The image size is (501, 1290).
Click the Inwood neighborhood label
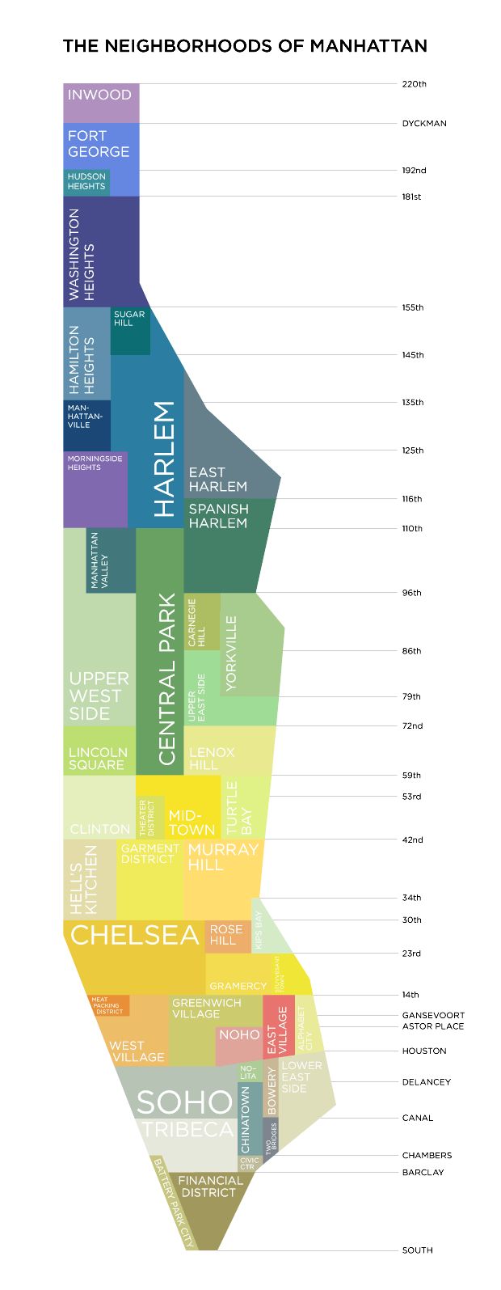(99, 95)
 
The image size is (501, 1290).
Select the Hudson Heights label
(86, 181)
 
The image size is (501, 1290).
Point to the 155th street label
(412, 307)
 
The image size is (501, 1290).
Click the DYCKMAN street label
(424, 124)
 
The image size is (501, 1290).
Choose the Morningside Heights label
(95, 463)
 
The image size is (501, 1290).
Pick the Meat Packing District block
(108, 1005)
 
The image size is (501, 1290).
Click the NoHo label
(239, 1035)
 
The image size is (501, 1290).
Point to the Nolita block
(248, 1072)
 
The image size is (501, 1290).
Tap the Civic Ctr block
(249, 1163)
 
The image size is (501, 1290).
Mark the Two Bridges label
(273, 1136)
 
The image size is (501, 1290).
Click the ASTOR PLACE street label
(433, 1026)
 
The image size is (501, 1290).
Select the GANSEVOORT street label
(433, 1015)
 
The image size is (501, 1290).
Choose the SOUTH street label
(417, 1250)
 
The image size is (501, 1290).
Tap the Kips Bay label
(259, 930)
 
